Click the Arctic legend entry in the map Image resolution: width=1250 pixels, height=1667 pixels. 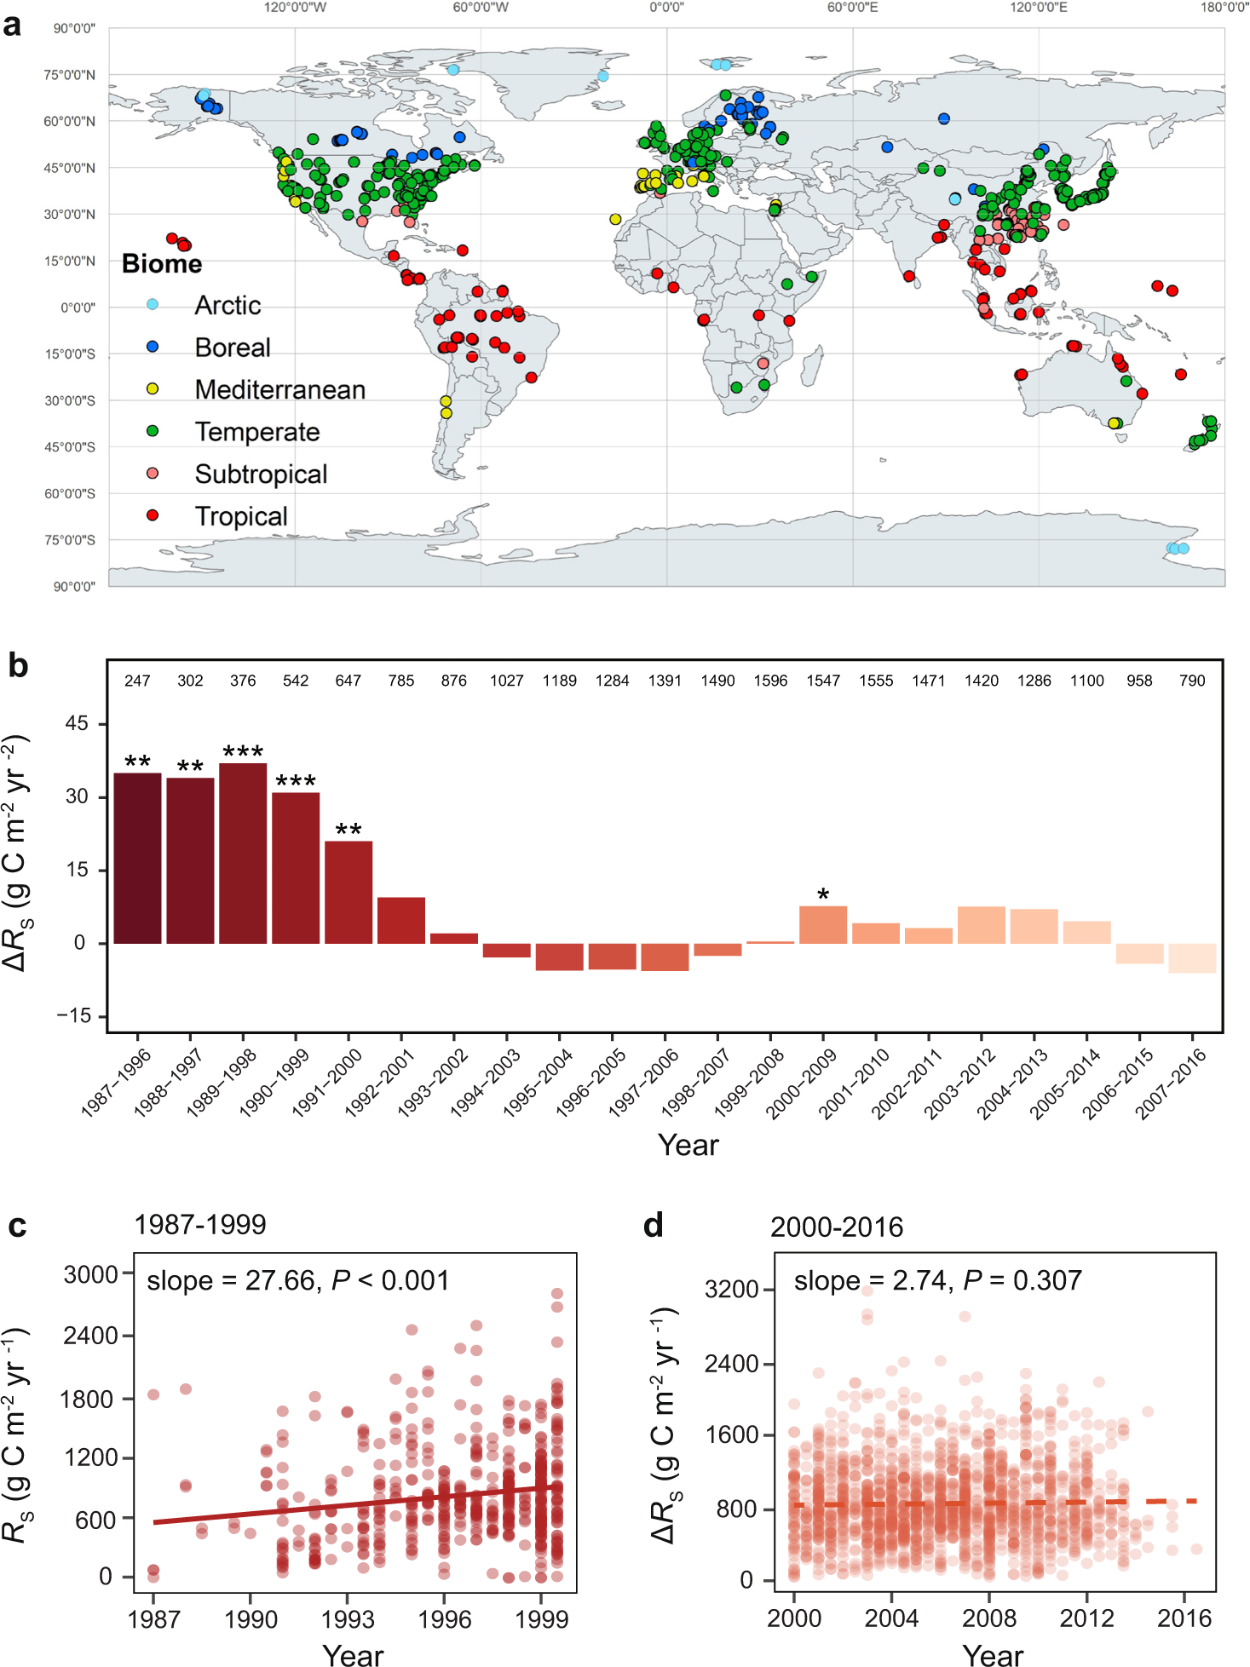(x=228, y=305)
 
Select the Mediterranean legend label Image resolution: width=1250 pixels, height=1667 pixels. (x=279, y=389)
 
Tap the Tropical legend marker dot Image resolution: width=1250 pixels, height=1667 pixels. (x=153, y=515)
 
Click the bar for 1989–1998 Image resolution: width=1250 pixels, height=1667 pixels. (x=243, y=853)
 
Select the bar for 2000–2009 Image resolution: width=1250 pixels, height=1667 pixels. (x=823, y=925)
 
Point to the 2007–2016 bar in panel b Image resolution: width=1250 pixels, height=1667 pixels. (x=1192, y=958)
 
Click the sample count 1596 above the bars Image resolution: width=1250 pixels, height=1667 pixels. (x=770, y=681)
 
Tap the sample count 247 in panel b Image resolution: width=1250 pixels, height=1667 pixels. (x=137, y=681)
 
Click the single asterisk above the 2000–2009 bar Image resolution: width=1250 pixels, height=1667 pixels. (x=823, y=894)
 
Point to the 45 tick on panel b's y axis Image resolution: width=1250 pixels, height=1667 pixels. (x=77, y=723)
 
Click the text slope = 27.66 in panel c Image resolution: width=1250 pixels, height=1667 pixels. (x=230, y=1280)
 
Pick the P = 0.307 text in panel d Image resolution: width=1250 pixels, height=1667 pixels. (x=1022, y=1280)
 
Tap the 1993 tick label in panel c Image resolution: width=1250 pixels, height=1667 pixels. (x=348, y=1619)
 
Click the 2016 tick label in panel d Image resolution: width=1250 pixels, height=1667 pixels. (x=1184, y=1618)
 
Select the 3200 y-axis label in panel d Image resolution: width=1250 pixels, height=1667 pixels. (x=731, y=1289)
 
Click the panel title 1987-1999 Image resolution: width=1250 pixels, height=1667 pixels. (x=200, y=1225)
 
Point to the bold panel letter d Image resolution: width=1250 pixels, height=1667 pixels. (x=654, y=1226)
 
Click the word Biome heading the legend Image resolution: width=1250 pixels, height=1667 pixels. (x=162, y=263)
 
